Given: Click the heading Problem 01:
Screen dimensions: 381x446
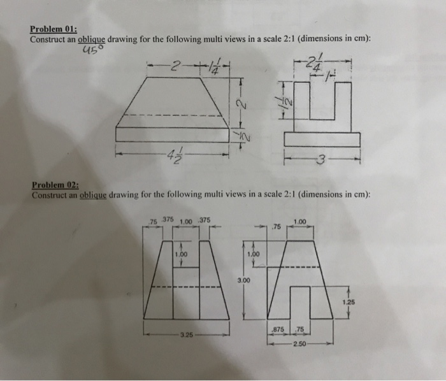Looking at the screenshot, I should point(54,29).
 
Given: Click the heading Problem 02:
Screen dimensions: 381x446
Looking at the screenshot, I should point(55,185).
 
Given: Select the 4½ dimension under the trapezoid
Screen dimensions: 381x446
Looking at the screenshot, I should point(169,155).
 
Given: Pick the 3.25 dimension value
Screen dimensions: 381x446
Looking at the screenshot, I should point(186,334).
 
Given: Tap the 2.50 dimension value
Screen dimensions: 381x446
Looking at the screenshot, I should point(300,344).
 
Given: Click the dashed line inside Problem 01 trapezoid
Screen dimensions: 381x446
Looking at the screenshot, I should point(172,115).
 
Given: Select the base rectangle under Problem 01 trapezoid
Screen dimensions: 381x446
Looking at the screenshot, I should point(172,134).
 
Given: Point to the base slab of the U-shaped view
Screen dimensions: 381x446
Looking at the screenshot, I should point(322,139).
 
